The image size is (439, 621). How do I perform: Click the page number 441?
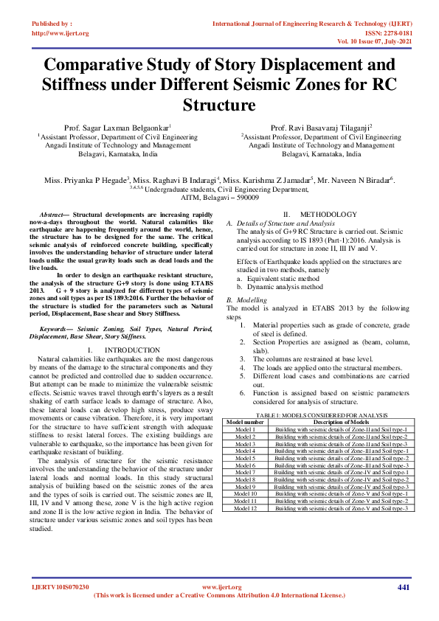coord(403,587)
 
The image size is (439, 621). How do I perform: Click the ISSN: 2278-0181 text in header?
coord(384,33)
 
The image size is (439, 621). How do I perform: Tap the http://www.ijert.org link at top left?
coord(60,33)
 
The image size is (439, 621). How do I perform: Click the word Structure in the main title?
coord(219,105)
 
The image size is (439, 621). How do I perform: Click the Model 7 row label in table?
coord(245,473)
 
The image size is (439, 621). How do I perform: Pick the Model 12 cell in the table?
coord(245,508)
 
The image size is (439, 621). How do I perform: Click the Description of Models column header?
coord(341,421)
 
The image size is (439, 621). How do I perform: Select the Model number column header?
coord(245,421)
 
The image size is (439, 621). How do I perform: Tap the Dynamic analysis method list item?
coord(282,287)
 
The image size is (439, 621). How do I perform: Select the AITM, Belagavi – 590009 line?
coord(219,198)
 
